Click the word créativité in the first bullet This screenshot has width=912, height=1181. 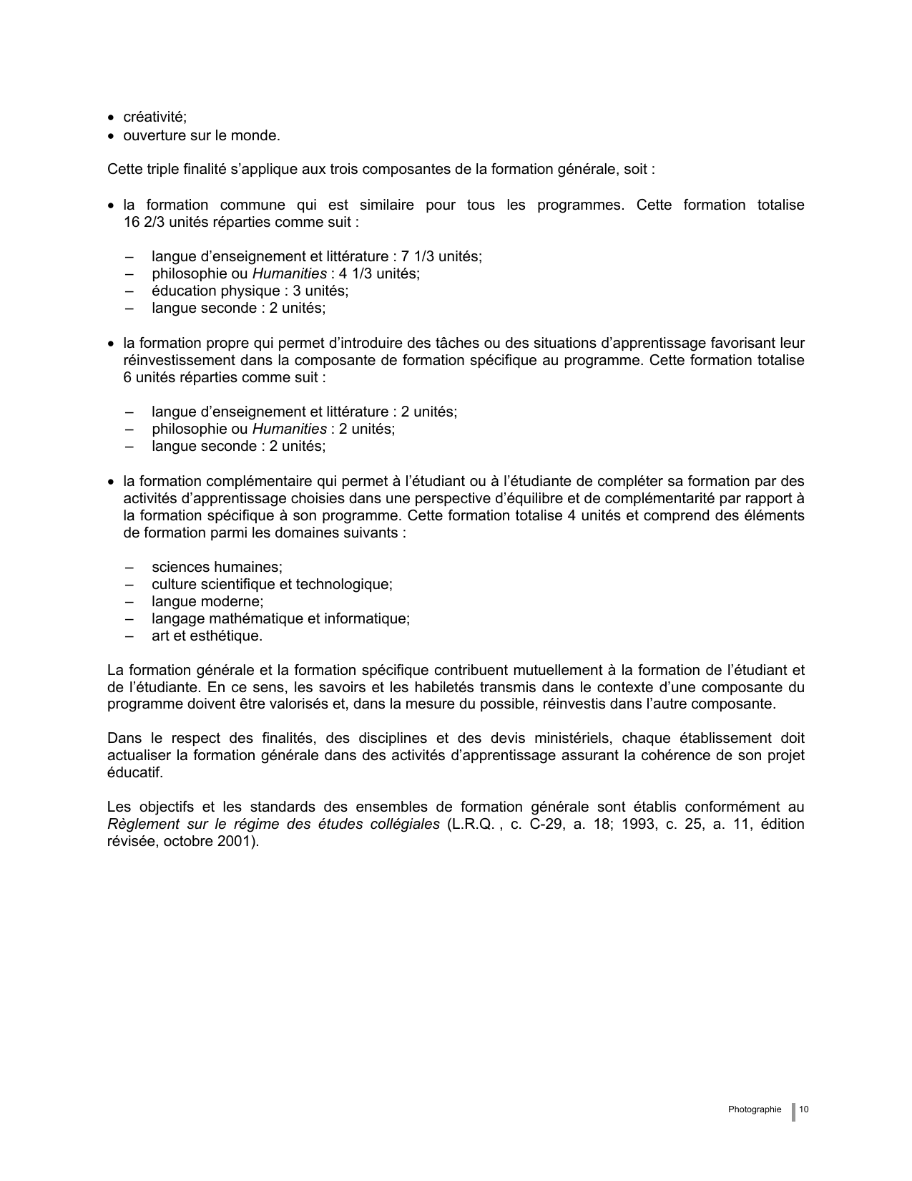155,117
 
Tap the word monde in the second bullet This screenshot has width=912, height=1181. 258,135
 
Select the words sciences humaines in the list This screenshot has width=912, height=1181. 217,567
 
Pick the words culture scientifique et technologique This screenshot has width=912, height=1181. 272,584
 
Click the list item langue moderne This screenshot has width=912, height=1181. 207,601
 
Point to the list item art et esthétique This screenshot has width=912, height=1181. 207,636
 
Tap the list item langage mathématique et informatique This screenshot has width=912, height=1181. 280,618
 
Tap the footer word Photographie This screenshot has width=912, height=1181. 755,1109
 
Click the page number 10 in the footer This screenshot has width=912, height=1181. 804,1109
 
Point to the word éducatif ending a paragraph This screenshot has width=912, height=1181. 135,772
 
